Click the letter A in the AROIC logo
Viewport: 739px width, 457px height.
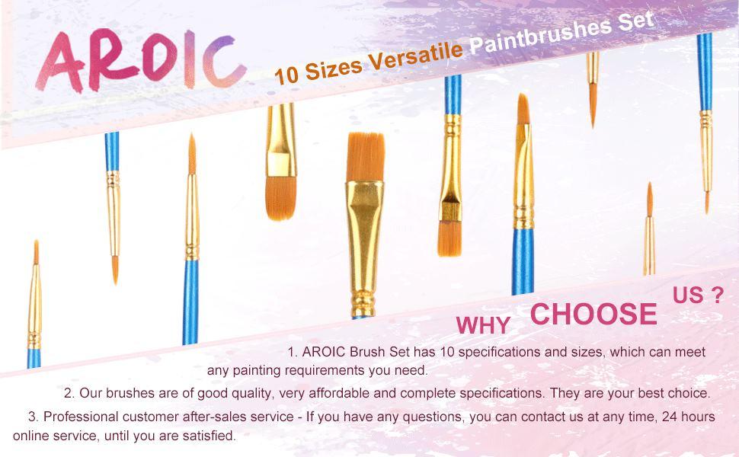point(61,62)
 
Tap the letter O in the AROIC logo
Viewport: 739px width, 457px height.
point(158,59)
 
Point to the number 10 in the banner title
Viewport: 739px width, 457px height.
point(286,75)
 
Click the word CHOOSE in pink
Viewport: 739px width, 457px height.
point(593,314)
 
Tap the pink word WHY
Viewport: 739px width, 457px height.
point(483,325)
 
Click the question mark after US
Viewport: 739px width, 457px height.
point(716,295)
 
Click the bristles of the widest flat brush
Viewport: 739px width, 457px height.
point(365,157)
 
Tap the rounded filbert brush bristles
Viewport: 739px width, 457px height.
point(281,198)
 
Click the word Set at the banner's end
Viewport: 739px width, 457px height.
point(636,21)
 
